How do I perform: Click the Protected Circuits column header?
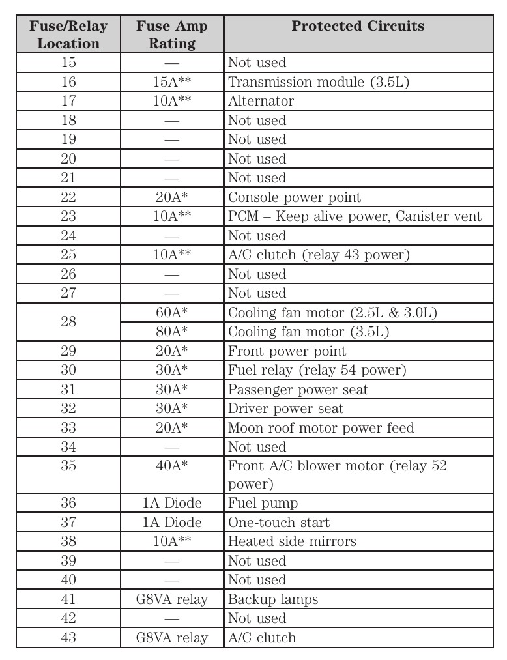point(358,27)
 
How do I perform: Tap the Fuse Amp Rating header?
point(172,35)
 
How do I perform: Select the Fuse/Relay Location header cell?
point(68,35)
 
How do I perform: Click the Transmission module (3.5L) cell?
point(319,82)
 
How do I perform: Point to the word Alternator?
point(261,101)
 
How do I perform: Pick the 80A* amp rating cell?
point(172,332)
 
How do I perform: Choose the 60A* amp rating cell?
point(172,313)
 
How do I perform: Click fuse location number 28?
point(68,323)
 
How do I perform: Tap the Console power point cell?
point(294,197)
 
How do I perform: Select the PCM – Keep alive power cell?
point(355,216)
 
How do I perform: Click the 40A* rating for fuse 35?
point(172,466)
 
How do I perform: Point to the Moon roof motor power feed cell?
point(321,428)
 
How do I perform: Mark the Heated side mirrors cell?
point(292,541)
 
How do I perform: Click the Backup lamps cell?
point(272,599)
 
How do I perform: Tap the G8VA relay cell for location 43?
point(172,637)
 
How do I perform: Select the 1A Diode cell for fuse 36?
point(172,503)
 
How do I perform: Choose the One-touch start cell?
point(278,523)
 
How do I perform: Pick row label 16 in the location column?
point(68,82)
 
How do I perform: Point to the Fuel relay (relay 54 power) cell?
point(317,370)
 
